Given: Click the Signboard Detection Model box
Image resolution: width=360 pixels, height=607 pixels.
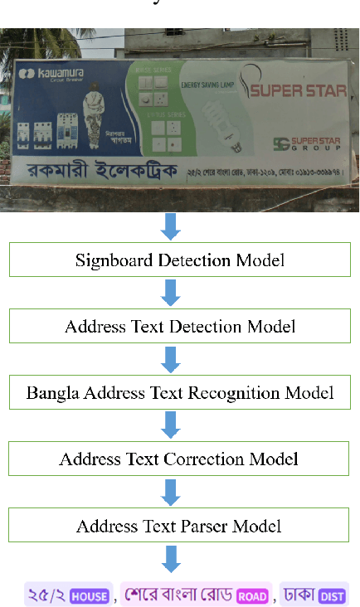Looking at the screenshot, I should point(180,260).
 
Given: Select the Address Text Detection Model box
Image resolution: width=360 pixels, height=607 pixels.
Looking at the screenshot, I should point(180,326).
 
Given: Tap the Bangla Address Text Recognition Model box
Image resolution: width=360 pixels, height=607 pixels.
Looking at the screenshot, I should point(180,392).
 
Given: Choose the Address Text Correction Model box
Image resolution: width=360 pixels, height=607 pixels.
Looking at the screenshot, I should point(180,459).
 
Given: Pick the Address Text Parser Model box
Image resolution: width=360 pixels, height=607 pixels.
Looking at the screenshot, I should point(180,525).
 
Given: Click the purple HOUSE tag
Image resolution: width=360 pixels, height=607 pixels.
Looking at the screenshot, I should point(89,595).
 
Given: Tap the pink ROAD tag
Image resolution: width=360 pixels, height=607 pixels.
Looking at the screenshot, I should point(251,595).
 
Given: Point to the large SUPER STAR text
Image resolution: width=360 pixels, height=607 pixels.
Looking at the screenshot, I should point(299,90).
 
